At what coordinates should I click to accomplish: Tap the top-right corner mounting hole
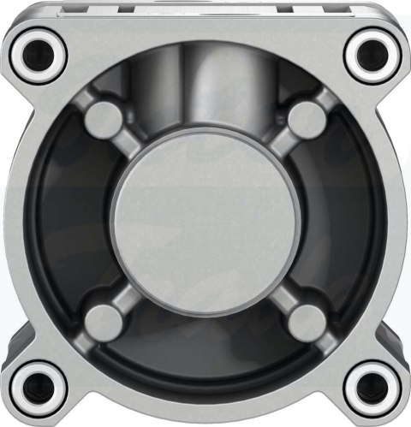(371, 53)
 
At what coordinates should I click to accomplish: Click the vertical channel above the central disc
(205, 94)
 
